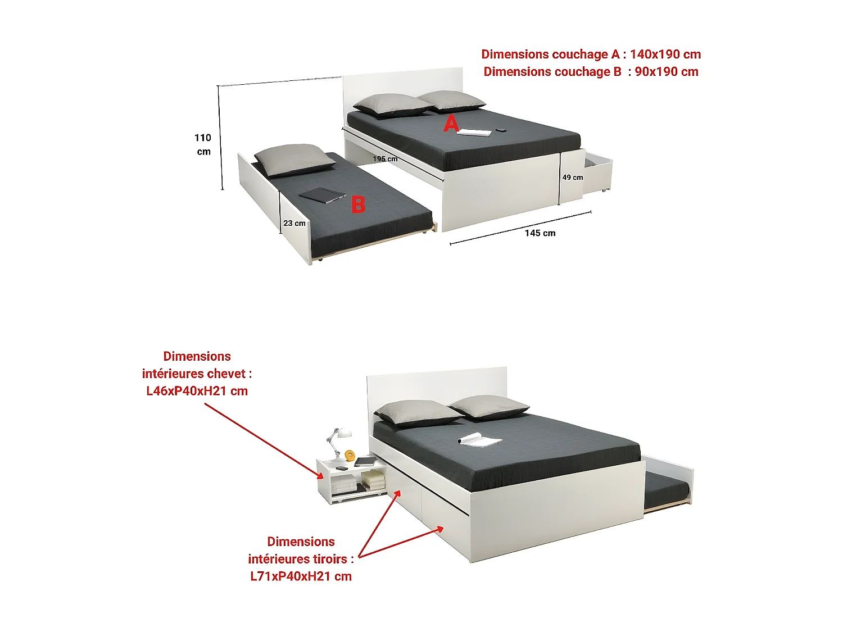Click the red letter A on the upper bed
451,124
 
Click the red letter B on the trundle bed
359,204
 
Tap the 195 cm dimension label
385,159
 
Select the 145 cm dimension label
540,233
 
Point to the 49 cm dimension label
573,178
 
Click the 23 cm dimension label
294,223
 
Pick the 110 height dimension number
203,138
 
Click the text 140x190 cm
665,54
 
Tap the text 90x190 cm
667,72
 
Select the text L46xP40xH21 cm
197,390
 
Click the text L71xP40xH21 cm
301,576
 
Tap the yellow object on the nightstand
350,456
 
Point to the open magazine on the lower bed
479,440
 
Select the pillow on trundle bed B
294,160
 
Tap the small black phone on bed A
500,130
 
